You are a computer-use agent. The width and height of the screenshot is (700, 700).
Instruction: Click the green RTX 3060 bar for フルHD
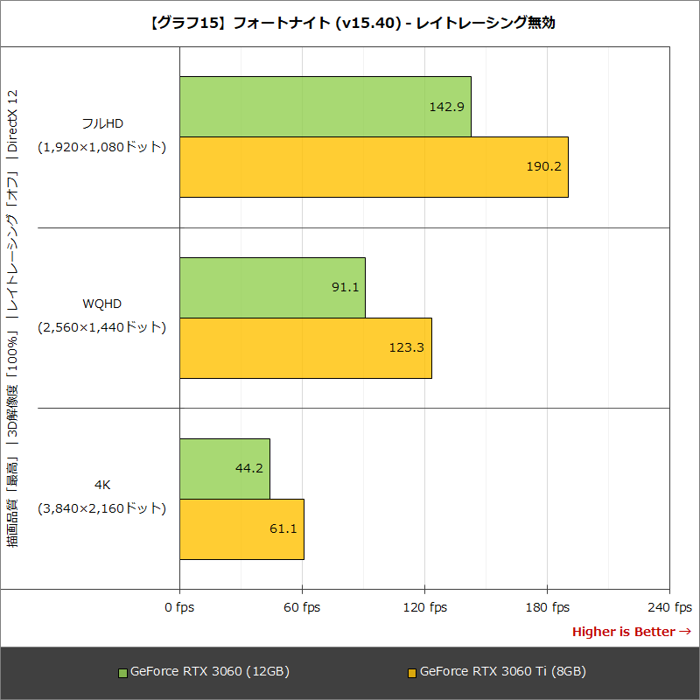click(x=325, y=107)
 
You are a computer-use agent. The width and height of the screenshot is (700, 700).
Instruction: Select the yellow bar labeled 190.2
click(x=374, y=167)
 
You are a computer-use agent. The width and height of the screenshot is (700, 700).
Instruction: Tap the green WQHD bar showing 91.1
click(x=272, y=288)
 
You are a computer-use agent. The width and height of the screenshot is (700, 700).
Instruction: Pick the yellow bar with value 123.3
click(x=305, y=348)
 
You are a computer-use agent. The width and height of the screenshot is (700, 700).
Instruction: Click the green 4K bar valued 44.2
click(x=224, y=468)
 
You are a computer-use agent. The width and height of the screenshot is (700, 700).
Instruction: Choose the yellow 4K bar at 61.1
click(x=241, y=529)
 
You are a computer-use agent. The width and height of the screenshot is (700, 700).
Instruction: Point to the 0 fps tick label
click(x=179, y=607)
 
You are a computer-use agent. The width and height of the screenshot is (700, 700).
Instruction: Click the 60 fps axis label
click(x=302, y=607)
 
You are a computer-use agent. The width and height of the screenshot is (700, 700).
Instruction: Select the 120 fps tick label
click(x=424, y=607)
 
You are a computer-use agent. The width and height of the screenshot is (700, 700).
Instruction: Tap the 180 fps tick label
click(x=547, y=607)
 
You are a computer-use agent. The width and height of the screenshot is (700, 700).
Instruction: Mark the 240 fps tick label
click(x=669, y=607)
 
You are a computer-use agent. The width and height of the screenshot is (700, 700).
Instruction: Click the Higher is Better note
click(x=631, y=632)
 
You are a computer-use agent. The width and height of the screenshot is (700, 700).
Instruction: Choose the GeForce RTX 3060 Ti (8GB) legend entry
click(x=496, y=672)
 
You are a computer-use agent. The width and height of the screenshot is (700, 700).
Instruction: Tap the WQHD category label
click(x=101, y=304)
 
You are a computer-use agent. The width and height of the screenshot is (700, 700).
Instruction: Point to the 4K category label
click(x=101, y=484)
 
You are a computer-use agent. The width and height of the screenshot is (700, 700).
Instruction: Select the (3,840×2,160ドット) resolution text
click(x=101, y=507)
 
